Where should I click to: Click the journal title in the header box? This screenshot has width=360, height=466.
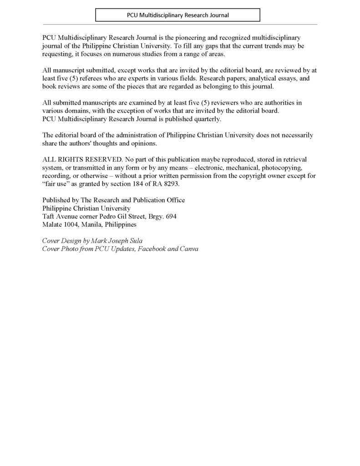point(177,15)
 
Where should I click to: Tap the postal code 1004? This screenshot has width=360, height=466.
point(71,225)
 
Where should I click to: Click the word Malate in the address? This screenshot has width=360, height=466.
point(52,225)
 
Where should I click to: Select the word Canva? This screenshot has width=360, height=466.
point(189,249)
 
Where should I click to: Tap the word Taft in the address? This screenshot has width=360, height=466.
point(49,217)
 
